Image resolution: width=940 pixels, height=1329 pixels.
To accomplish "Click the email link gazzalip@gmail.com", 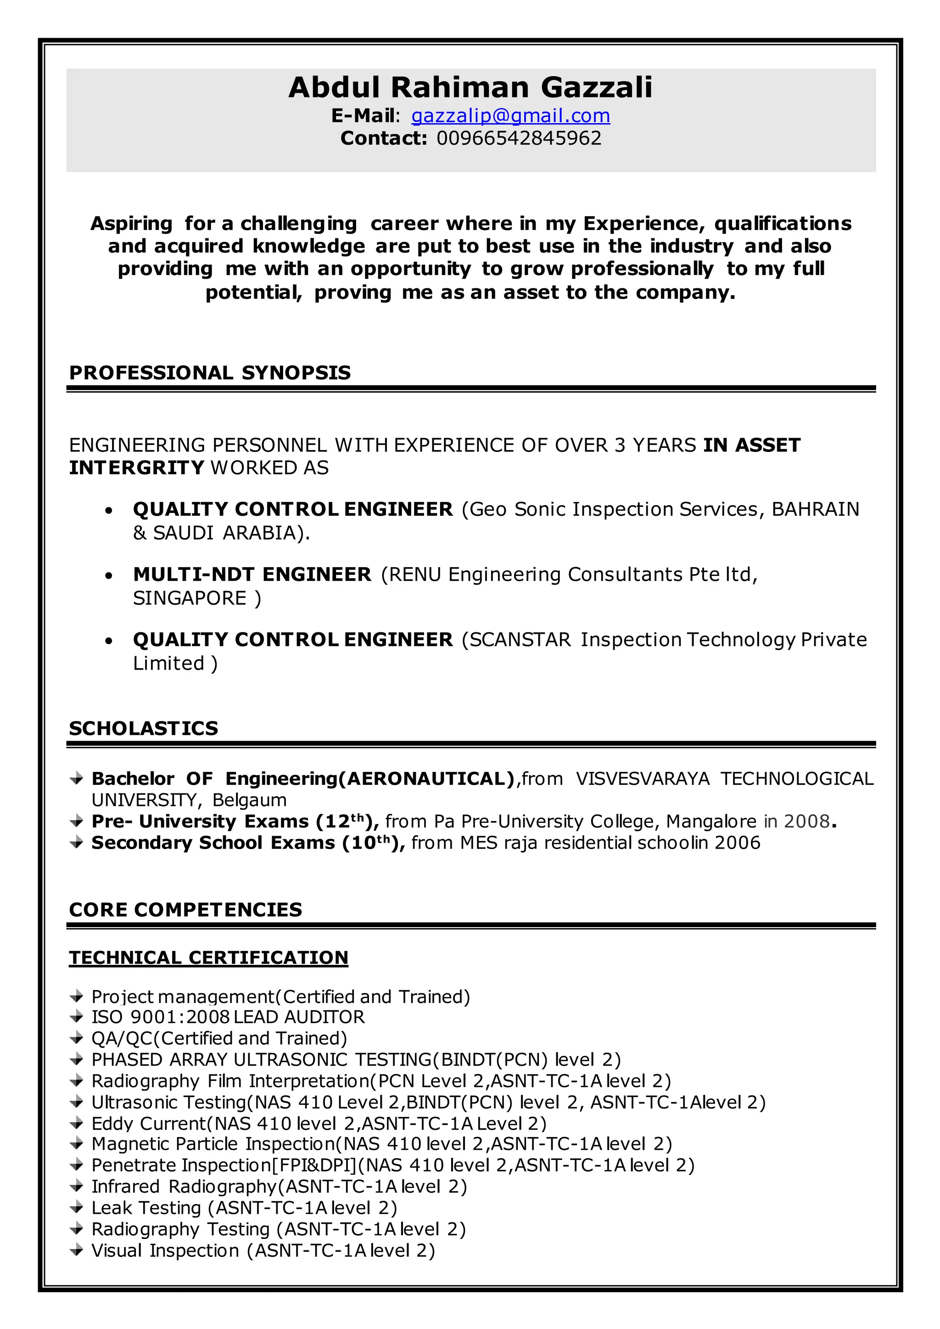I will pyautogui.click(x=510, y=116).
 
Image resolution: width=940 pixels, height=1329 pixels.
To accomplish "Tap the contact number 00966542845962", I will pyautogui.click(x=519, y=138).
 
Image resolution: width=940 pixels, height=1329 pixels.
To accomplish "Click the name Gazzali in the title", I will pyautogui.click(x=596, y=88).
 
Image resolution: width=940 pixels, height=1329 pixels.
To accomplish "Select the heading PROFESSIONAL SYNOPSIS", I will pyautogui.click(x=210, y=372).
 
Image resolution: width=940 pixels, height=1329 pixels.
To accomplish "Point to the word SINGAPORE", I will pyautogui.click(x=190, y=598).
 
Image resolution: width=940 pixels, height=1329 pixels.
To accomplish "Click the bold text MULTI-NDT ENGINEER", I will pyautogui.click(x=252, y=574).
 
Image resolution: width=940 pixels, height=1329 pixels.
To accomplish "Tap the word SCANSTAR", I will pyautogui.click(x=520, y=640).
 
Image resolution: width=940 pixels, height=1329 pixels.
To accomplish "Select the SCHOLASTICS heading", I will pyautogui.click(x=144, y=728).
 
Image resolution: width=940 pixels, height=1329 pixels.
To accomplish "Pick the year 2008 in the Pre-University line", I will pyautogui.click(x=806, y=821).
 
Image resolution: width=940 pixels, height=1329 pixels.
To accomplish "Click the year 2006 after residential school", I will pyautogui.click(x=737, y=843).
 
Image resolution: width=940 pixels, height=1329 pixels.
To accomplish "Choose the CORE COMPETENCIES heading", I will pyautogui.click(x=185, y=909).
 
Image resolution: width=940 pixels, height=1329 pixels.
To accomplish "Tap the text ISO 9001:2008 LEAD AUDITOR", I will pyautogui.click(x=228, y=1017).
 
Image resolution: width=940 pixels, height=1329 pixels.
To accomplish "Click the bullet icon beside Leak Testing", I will pyautogui.click(x=76, y=1208).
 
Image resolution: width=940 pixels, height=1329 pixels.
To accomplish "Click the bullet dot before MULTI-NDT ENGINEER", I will pyautogui.click(x=108, y=576).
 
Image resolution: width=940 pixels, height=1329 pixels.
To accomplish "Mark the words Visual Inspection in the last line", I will pyautogui.click(x=165, y=1250).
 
